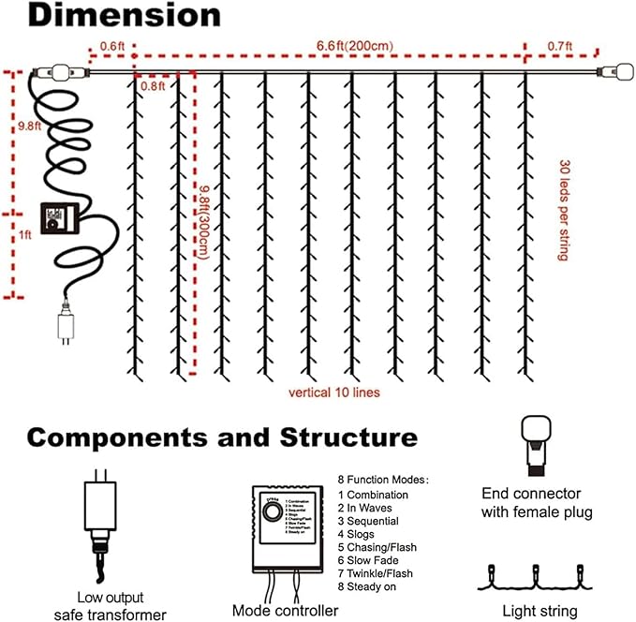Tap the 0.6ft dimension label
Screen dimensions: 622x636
(x=111, y=44)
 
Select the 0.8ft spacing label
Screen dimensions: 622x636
(x=152, y=85)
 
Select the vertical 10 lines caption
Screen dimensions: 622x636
(x=334, y=392)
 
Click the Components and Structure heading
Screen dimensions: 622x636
(x=222, y=437)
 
